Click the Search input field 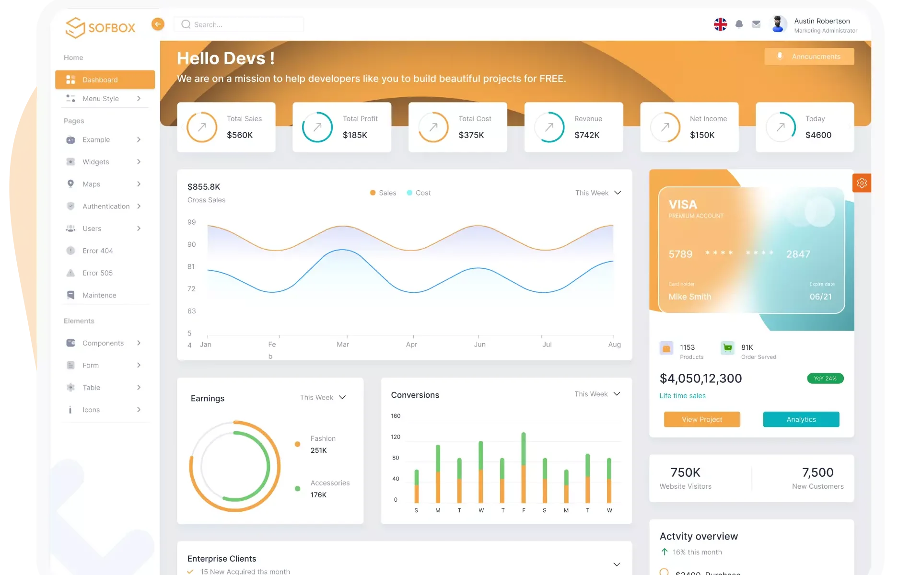[239, 24]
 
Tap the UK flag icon [720, 24]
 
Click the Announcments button [809, 57]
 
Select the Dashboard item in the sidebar [105, 80]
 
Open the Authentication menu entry [105, 207]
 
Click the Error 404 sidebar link [97, 251]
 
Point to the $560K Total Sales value [240, 135]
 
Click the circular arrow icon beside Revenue [549, 127]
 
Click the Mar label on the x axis [343, 345]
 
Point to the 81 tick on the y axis [191, 266]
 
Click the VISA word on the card [683, 205]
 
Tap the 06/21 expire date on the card [820, 297]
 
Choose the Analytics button [801, 419]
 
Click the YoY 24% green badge [825, 379]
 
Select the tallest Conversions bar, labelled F [524, 467]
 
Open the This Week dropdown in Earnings [323, 398]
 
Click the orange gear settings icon [862, 183]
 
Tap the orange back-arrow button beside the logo [158, 24]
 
